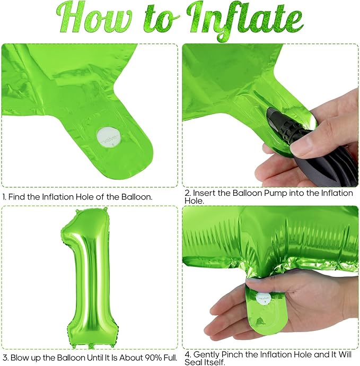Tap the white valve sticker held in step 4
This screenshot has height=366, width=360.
pos(264,299)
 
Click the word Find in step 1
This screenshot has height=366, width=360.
pos(17,197)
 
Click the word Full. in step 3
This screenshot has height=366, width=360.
pos(170,358)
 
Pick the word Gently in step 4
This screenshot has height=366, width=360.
pos(206,355)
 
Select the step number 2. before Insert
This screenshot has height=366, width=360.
pos(188,193)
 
